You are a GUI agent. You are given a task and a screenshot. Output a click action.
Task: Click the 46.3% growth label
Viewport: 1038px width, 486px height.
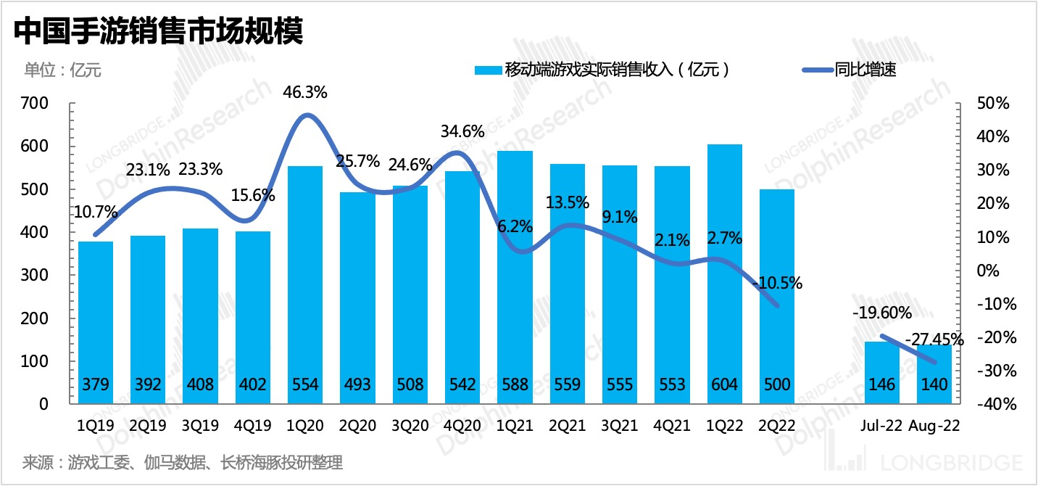tap(305, 93)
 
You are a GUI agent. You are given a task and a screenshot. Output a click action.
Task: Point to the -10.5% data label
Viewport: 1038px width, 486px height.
tap(777, 284)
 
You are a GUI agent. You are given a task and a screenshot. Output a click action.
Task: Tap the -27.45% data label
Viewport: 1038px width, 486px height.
tap(934, 339)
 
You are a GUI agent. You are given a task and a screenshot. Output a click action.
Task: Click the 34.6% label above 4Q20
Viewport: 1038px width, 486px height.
tap(462, 133)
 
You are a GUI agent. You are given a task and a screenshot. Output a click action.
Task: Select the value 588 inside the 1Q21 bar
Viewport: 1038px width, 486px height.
tap(515, 384)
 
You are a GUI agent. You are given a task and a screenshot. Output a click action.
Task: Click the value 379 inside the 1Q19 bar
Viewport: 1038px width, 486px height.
tap(96, 384)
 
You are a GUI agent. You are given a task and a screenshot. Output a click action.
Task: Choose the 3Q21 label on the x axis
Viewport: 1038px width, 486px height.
tap(620, 426)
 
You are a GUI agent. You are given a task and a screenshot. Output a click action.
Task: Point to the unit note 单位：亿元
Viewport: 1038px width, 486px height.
tap(63, 70)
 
